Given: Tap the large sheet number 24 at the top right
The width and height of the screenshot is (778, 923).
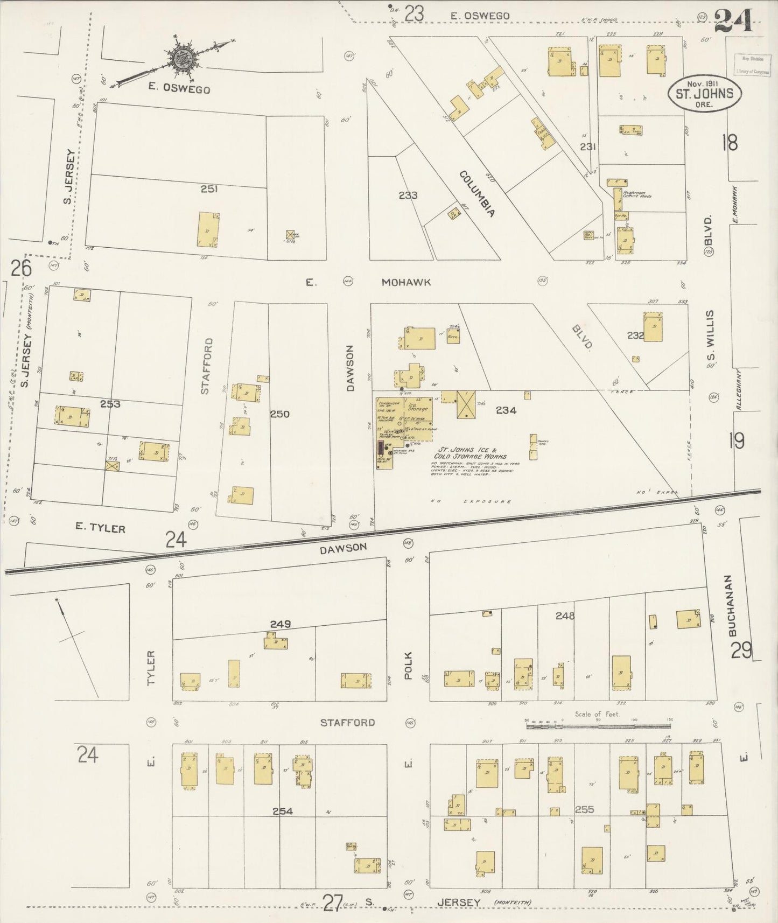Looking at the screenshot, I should point(733,23).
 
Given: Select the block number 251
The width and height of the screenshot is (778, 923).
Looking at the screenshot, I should point(209,188).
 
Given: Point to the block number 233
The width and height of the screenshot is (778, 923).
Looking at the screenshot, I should point(408,195).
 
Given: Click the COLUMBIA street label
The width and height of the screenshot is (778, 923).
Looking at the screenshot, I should point(476,193).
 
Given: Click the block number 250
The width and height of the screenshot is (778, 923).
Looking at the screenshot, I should point(280,414).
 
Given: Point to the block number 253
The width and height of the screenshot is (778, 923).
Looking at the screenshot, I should point(110,403).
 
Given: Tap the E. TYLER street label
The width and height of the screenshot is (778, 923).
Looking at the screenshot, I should point(101,528).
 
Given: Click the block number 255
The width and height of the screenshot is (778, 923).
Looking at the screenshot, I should point(584,809).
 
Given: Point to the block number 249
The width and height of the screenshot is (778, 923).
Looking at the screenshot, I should point(281,624).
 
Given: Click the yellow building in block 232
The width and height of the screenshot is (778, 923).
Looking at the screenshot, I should point(653,326).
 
